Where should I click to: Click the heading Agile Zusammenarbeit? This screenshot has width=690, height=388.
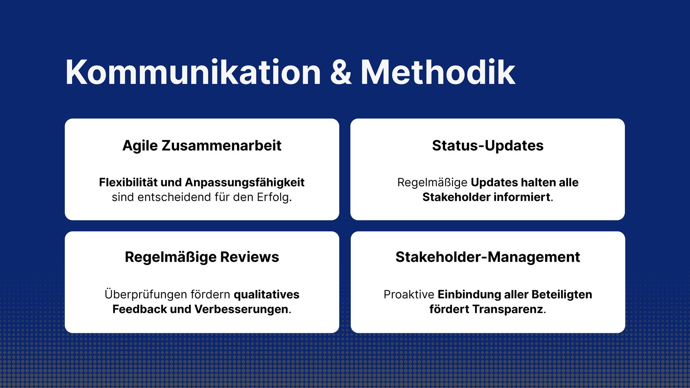pyautogui.click(x=202, y=146)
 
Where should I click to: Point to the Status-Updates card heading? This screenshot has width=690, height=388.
pyautogui.click(x=488, y=146)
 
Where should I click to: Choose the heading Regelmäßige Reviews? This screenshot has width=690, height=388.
pyautogui.click(x=202, y=257)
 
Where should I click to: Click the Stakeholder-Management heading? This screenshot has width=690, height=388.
pyautogui.click(x=488, y=257)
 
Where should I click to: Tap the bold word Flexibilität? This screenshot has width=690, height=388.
pyautogui.click(x=128, y=182)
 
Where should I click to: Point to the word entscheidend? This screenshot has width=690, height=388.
pyautogui.click(x=174, y=197)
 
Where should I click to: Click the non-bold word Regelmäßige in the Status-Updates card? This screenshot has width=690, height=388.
pyautogui.click(x=432, y=182)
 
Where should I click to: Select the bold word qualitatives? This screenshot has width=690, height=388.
pyautogui.click(x=266, y=294)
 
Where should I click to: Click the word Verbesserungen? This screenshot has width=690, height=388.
pyautogui.click(x=241, y=309)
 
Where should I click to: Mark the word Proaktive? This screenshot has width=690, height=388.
pyautogui.click(x=409, y=294)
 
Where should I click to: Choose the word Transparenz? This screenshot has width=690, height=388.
pyautogui.click(x=508, y=309)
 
